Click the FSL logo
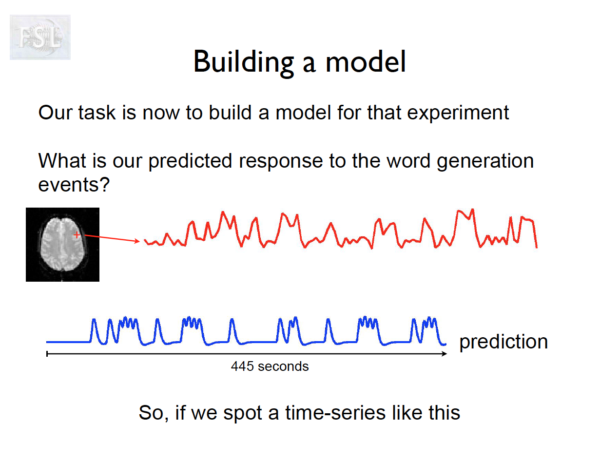point(40,37)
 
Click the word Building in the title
point(244,62)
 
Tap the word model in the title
point(366,61)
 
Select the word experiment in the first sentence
point(458,113)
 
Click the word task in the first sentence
point(97,113)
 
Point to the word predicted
point(190,161)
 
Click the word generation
point(485,162)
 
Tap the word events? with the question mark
point(74,185)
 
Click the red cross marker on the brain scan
point(77,235)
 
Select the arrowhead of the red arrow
point(137,241)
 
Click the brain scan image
point(63,245)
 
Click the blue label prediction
point(503,342)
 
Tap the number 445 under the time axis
point(242,366)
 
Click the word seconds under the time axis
point(283,367)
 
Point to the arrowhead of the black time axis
point(444,354)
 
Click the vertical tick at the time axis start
point(47,354)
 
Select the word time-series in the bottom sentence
point(335,413)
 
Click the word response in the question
point(281,162)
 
